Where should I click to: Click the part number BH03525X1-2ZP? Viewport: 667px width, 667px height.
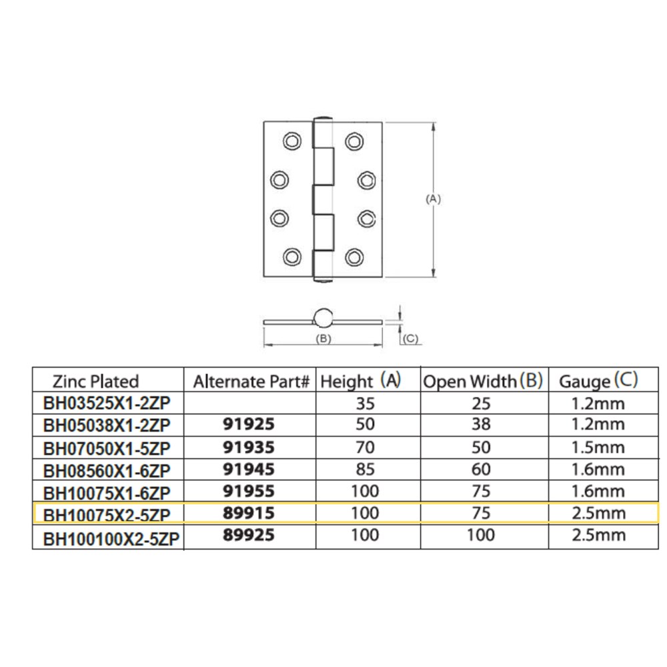[x=107, y=404]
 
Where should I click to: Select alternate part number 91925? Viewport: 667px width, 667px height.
[x=249, y=424]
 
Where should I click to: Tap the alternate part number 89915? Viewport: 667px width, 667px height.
[x=249, y=513]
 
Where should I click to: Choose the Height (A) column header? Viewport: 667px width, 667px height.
[x=361, y=381]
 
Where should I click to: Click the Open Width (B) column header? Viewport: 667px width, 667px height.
[x=483, y=381]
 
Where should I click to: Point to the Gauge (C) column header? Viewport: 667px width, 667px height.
[x=598, y=381]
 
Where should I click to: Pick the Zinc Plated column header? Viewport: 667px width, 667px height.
[x=95, y=381]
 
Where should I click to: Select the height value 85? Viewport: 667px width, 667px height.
[x=365, y=469]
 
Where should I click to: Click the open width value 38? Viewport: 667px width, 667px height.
[x=481, y=424]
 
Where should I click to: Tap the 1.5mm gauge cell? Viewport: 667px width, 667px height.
[x=598, y=448]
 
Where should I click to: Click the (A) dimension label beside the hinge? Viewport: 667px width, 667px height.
[x=434, y=199]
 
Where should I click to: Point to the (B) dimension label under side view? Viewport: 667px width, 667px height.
[x=323, y=339]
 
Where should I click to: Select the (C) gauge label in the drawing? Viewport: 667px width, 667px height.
[x=411, y=339]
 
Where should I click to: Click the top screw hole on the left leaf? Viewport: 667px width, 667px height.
[x=292, y=141]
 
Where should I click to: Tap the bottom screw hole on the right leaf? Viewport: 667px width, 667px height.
[x=354, y=257]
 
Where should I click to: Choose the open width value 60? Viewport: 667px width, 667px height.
[x=481, y=469]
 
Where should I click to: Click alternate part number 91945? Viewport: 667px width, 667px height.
[x=249, y=469]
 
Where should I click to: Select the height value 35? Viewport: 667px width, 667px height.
[x=365, y=404]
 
